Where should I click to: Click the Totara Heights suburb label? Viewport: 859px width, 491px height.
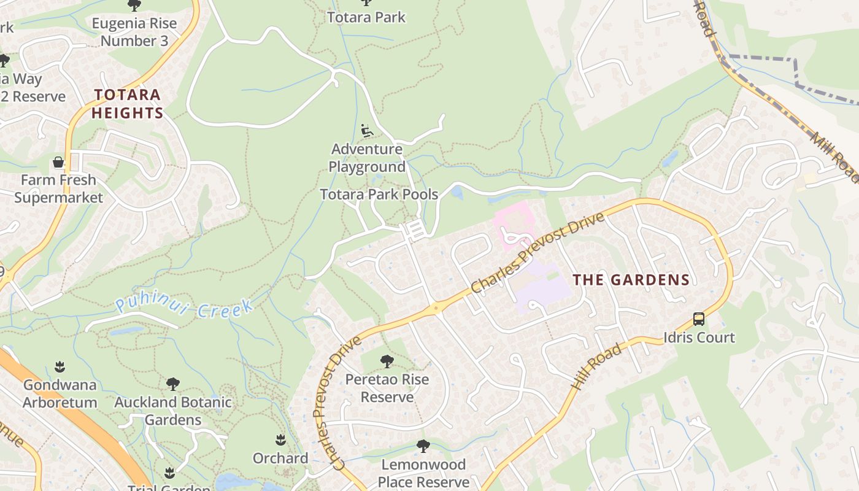127,104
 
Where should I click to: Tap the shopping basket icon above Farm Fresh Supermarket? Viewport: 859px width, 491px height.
58,163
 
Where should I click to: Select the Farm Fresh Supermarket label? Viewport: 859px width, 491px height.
58,188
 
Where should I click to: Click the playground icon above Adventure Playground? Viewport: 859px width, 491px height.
367,131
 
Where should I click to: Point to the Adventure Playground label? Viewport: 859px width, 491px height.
367,158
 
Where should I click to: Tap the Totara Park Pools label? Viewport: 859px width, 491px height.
379,195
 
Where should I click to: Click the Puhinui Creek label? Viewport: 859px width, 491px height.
184,306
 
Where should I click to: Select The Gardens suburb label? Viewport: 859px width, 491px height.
631,280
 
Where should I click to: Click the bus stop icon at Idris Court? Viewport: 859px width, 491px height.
698,319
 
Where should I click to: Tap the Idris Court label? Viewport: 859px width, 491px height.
699,338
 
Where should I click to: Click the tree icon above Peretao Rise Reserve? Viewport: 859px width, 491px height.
387,361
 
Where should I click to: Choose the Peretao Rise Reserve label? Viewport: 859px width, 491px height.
387,388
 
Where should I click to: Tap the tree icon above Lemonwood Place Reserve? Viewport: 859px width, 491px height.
423,446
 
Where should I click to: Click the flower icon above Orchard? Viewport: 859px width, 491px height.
280,440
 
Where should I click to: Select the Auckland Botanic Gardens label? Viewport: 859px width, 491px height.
173,411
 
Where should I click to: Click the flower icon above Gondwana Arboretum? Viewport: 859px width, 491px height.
60,367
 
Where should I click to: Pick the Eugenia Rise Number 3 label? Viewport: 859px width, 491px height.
134,33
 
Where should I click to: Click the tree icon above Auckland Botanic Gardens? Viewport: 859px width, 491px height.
173,384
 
